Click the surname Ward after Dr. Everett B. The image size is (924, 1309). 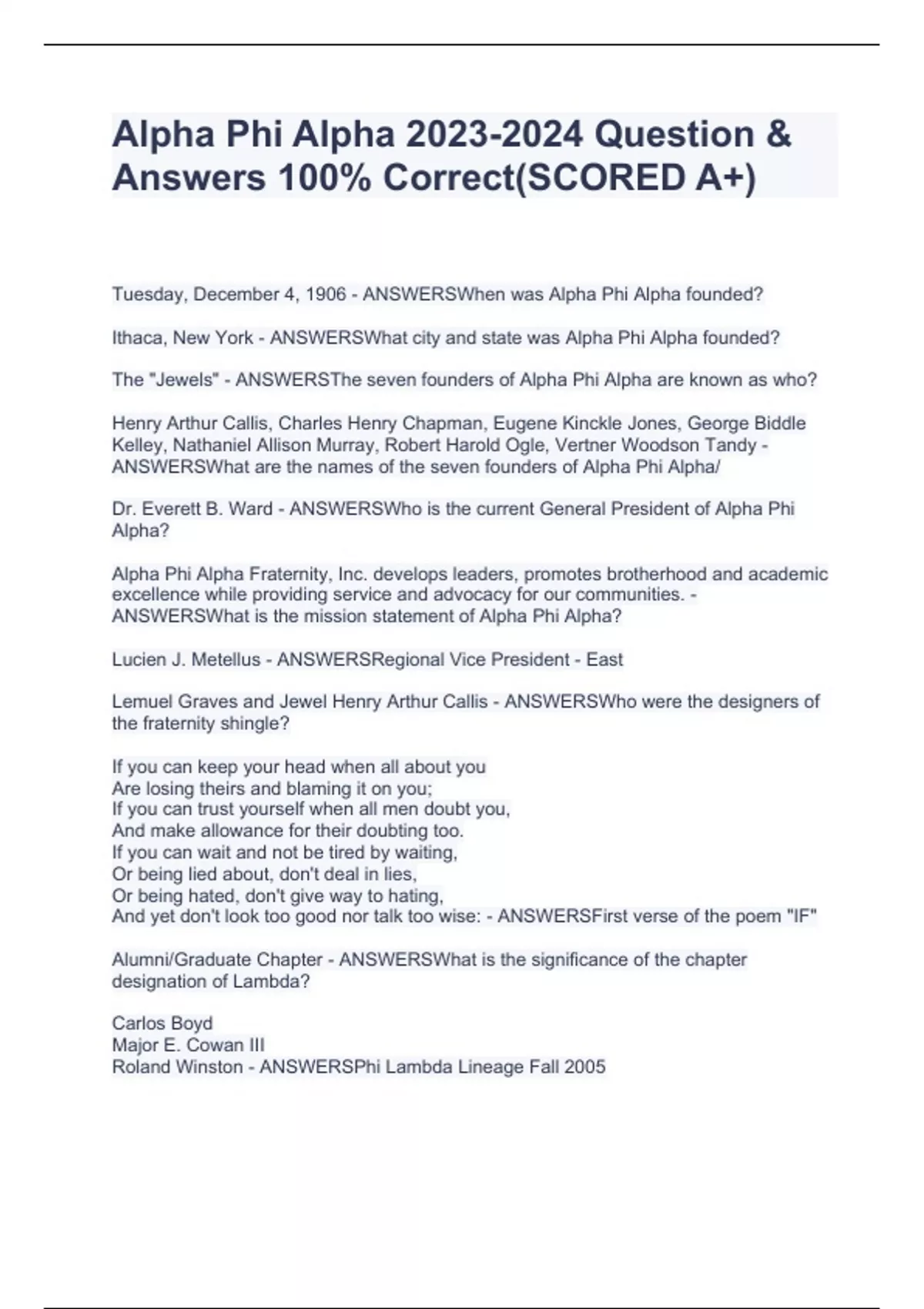point(252,508)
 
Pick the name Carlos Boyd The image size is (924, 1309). point(162,1023)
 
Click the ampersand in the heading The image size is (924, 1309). point(778,134)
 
